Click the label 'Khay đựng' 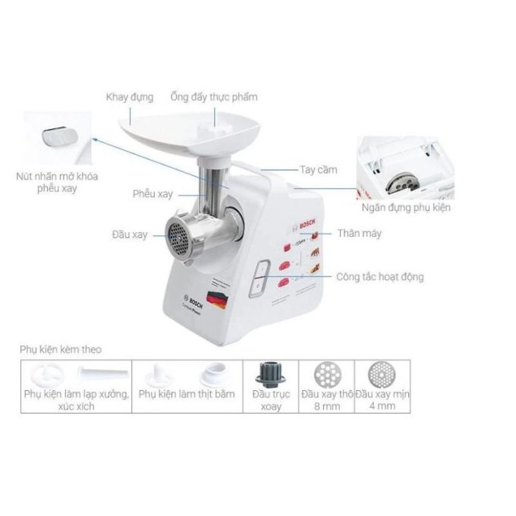pyautogui.click(x=131, y=97)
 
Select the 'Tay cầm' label pyautogui.click(x=317, y=169)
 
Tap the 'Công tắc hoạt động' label pyautogui.click(x=379, y=277)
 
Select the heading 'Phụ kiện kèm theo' pyautogui.click(x=61, y=350)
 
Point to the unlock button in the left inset pyautogui.click(x=58, y=138)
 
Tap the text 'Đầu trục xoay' pyautogui.click(x=271, y=400)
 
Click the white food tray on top pyautogui.click(x=182, y=129)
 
